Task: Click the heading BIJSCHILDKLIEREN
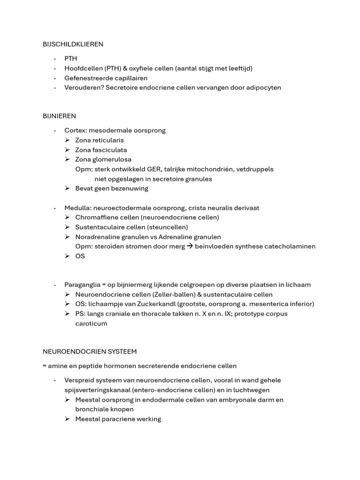[73, 44]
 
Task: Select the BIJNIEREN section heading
[60, 116]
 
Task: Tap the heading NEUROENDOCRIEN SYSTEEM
[90, 351]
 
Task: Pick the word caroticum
[91, 323]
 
